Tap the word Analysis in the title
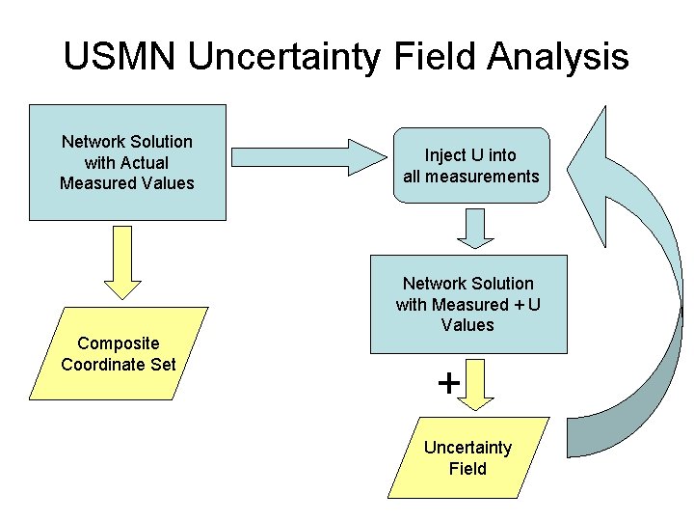[557, 57]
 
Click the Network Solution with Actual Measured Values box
[126, 162]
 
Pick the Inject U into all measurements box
[470, 166]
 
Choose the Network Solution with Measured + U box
[468, 304]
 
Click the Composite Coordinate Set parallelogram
[119, 353]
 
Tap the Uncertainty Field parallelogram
[468, 458]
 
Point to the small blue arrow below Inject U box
[473, 228]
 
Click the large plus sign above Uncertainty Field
[448, 384]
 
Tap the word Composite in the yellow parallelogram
[119, 343]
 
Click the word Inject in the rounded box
[444, 155]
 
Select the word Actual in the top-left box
[145, 162]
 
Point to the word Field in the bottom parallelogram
[467, 469]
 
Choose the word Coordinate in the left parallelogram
[103, 364]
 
